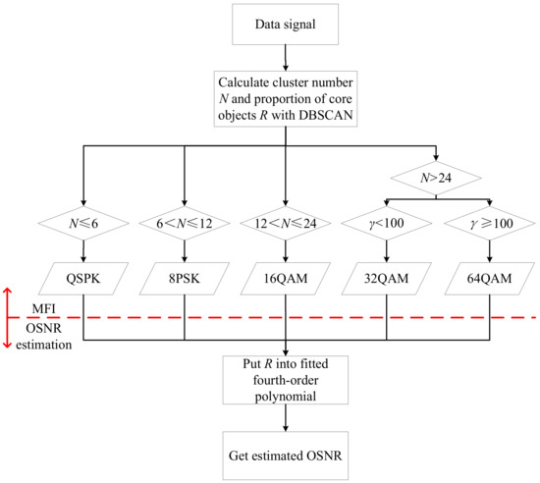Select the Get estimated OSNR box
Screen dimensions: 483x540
[285, 455]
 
